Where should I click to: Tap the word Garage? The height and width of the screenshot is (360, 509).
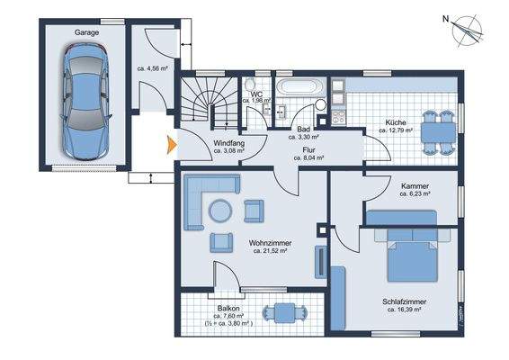tap(86, 31)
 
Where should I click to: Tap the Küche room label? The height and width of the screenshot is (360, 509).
tap(396, 122)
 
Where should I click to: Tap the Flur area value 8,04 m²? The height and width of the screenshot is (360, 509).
tap(308, 157)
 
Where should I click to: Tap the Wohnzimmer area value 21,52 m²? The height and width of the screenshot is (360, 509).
tap(269, 251)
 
